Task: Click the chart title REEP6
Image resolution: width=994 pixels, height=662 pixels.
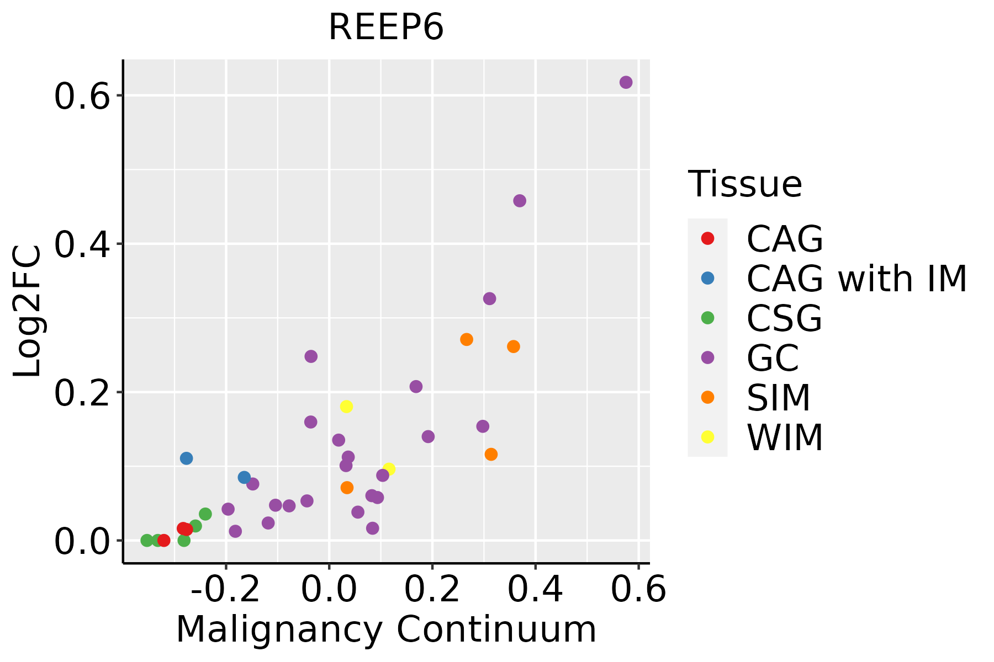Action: [386, 28]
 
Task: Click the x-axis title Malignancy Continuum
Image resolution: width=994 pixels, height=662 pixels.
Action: [386, 630]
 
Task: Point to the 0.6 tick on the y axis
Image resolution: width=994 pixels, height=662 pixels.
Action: [80, 96]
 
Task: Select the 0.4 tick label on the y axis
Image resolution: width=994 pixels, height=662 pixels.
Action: [80, 244]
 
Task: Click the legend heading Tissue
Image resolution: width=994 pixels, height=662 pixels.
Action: [745, 184]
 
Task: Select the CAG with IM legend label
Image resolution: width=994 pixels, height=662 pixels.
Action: [856, 279]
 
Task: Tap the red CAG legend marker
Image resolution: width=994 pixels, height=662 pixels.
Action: [707, 238]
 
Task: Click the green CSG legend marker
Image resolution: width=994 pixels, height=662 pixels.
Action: [707, 318]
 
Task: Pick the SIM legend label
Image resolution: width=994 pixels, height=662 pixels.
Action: [778, 398]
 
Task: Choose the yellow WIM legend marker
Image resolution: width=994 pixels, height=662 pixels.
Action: [707, 437]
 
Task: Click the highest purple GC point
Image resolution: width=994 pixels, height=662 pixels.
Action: [626, 82]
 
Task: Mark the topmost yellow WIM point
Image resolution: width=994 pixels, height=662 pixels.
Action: [346, 407]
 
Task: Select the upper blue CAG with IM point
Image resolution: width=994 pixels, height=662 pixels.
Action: [186, 458]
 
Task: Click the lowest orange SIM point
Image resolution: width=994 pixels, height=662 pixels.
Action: [347, 488]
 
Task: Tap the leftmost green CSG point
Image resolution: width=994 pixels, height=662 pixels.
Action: [147, 540]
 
